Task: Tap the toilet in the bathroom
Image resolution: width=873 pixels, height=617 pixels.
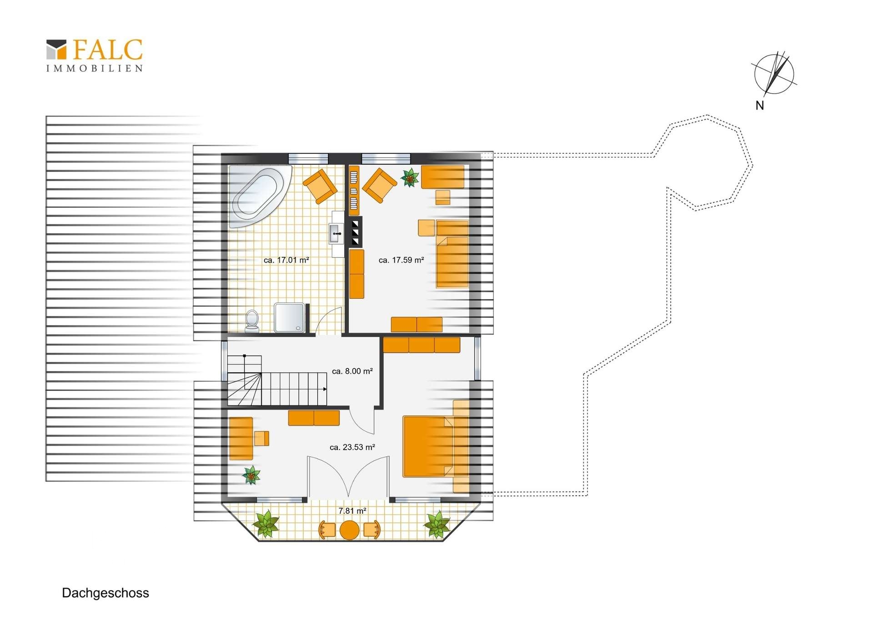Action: (x=252, y=321)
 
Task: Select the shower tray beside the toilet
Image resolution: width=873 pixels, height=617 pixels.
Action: (x=290, y=318)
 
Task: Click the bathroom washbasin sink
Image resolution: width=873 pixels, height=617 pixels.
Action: (x=336, y=234)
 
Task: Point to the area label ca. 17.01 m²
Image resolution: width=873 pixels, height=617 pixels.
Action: (x=286, y=260)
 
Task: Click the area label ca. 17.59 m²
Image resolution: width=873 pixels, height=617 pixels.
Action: (x=401, y=260)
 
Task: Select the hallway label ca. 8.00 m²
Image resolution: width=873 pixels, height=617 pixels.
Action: (x=352, y=371)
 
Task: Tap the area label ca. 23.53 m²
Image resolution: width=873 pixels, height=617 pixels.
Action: (x=352, y=447)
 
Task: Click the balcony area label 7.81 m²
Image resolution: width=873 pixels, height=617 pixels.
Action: (x=352, y=511)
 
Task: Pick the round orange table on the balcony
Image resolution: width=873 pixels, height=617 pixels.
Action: (x=350, y=530)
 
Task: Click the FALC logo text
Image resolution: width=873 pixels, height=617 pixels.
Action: (x=108, y=50)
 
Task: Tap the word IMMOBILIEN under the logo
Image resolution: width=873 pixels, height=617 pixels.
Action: (x=95, y=68)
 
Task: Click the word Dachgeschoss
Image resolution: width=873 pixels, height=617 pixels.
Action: (x=105, y=593)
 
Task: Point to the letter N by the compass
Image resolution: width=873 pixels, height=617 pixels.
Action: (x=759, y=105)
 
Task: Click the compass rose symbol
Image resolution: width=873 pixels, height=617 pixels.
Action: (x=774, y=74)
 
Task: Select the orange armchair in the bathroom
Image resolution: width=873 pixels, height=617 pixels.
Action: (x=320, y=186)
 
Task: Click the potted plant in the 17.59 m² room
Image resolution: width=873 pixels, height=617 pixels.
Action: (x=410, y=178)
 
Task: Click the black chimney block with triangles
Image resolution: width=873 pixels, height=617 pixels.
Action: (x=355, y=232)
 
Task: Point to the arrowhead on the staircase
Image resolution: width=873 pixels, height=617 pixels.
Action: (x=325, y=389)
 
